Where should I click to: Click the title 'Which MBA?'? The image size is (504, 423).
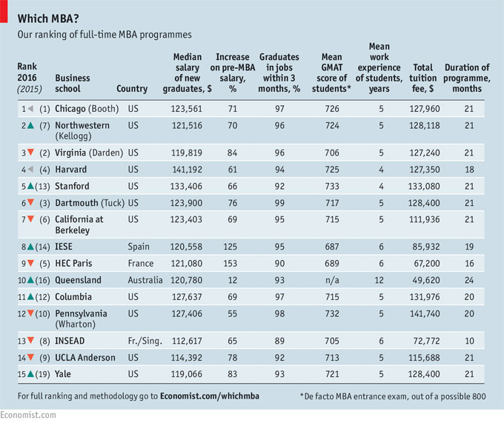[x=50, y=18]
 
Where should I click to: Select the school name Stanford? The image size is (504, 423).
[x=72, y=186]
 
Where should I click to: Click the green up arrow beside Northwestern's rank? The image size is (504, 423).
[x=29, y=125]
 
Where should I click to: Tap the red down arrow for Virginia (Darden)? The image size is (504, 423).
[x=29, y=153]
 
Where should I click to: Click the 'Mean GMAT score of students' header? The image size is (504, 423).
[x=332, y=73]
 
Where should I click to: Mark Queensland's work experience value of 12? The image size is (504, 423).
[x=379, y=280]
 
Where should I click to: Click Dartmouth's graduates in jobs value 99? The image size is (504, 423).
[x=279, y=203]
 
